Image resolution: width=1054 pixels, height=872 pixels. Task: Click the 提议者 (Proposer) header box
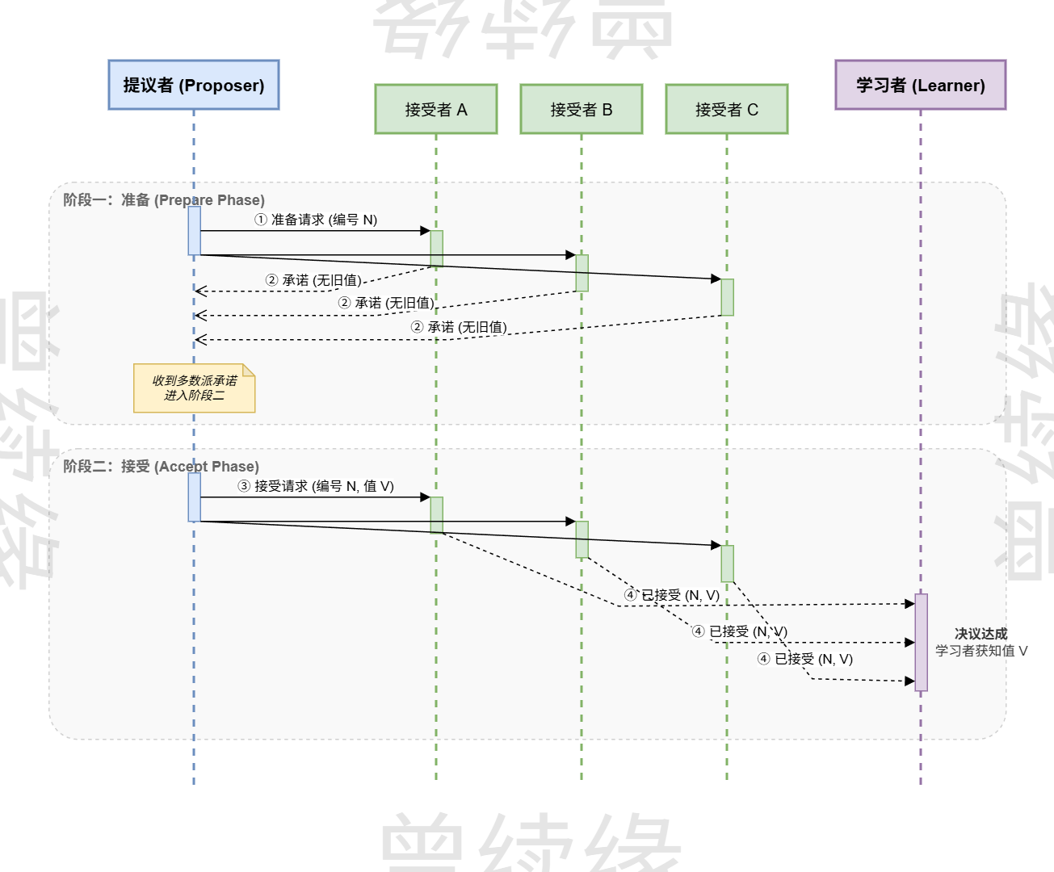pyautogui.click(x=194, y=85)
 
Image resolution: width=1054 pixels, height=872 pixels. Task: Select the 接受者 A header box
pyautogui.click(x=436, y=109)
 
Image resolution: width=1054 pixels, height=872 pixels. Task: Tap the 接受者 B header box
pyautogui.click(x=582, y=109)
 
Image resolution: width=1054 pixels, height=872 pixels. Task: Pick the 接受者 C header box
pyautogui.click(x=727, y=109)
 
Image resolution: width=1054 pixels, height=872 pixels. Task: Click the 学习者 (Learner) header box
pyautogui.click(x=920, y=85)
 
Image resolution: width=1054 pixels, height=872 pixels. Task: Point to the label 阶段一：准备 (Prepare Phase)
pyautogui.click(x=164, y=200)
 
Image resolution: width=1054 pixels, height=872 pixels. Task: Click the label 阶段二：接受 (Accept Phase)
pyautogui.click(x=161, y=467)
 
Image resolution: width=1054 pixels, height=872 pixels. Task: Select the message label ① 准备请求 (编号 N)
pyautogui.click(x=316, y=220)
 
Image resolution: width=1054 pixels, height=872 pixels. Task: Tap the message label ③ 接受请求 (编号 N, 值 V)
pyautogui.click(x=316, y=486)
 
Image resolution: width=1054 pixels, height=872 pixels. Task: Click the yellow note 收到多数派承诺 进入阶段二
pyautogui.click(x=194, y=388)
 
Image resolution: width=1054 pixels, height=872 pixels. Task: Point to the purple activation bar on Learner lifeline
pyautogui.click(x=921, y=643)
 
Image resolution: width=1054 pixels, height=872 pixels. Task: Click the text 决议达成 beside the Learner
pyautogui.click(x=981, y=634)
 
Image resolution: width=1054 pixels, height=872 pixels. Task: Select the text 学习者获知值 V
pyautogui.click(x=981, y=651)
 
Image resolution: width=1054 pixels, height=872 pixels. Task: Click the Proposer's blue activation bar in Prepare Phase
pyautogui.click(x=195, y=231)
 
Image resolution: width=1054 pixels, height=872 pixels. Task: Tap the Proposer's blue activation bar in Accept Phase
pyautogui.click(x=195, y=497)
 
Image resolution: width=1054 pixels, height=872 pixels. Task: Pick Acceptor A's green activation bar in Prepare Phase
pyautogui.click(x=436, y=249)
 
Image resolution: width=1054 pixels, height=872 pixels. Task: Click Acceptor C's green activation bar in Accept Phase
pyautogui.click(x=727, y=564)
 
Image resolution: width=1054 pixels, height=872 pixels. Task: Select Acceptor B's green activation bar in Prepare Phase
pyautogui.click(x=582, y=273)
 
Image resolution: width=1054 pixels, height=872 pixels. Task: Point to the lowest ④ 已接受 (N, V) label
pyautogui.click(x=805, y=659)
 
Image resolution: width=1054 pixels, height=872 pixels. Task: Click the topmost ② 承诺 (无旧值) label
pyautogui.click(x=313, y=280)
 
